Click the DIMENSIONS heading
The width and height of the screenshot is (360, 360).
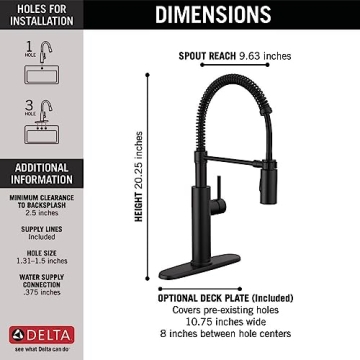212,14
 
